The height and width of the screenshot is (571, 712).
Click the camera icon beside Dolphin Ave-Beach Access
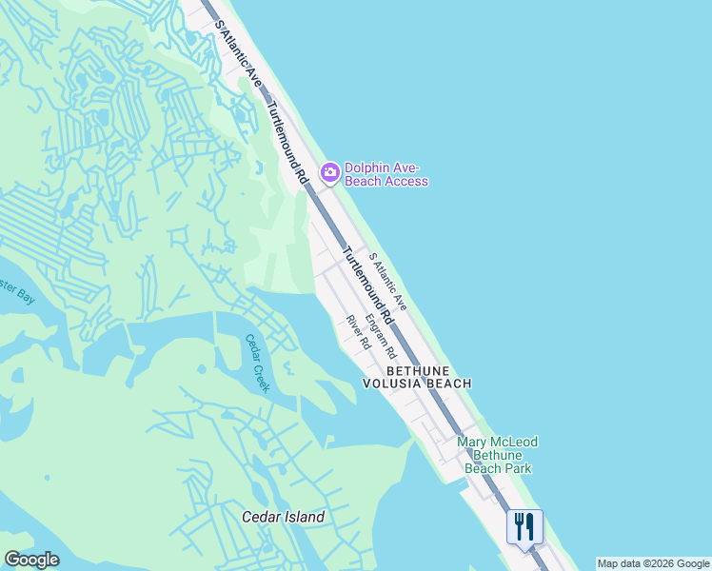tap(330, 172)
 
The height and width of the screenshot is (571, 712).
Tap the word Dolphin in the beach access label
tap(366, 167)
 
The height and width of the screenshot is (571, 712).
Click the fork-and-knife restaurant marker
tap(524, 526)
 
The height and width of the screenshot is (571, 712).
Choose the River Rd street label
tap(358, 332)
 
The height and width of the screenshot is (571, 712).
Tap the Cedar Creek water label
tap(258, 363)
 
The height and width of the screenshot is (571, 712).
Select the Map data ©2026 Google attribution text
tap(653, 563)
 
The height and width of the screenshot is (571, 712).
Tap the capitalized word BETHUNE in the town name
tap(416, 369)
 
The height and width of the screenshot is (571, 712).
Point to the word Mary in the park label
tap(474, 442)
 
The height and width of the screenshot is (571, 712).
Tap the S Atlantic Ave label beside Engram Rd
tap(388, 282)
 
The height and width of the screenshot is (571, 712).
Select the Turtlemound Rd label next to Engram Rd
tap(366, 286)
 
